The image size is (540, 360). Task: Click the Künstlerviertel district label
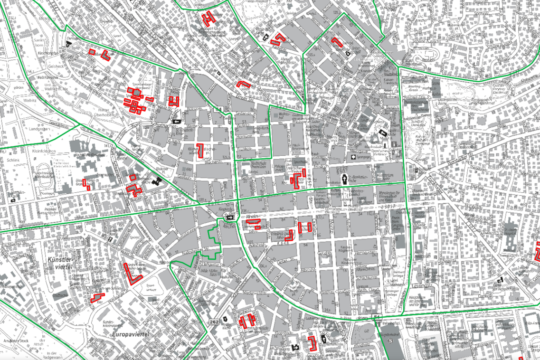(x=61, y=263)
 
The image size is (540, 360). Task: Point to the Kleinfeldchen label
(x=43, y=151)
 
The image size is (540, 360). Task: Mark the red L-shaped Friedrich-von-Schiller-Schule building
(x=130, y=274)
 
